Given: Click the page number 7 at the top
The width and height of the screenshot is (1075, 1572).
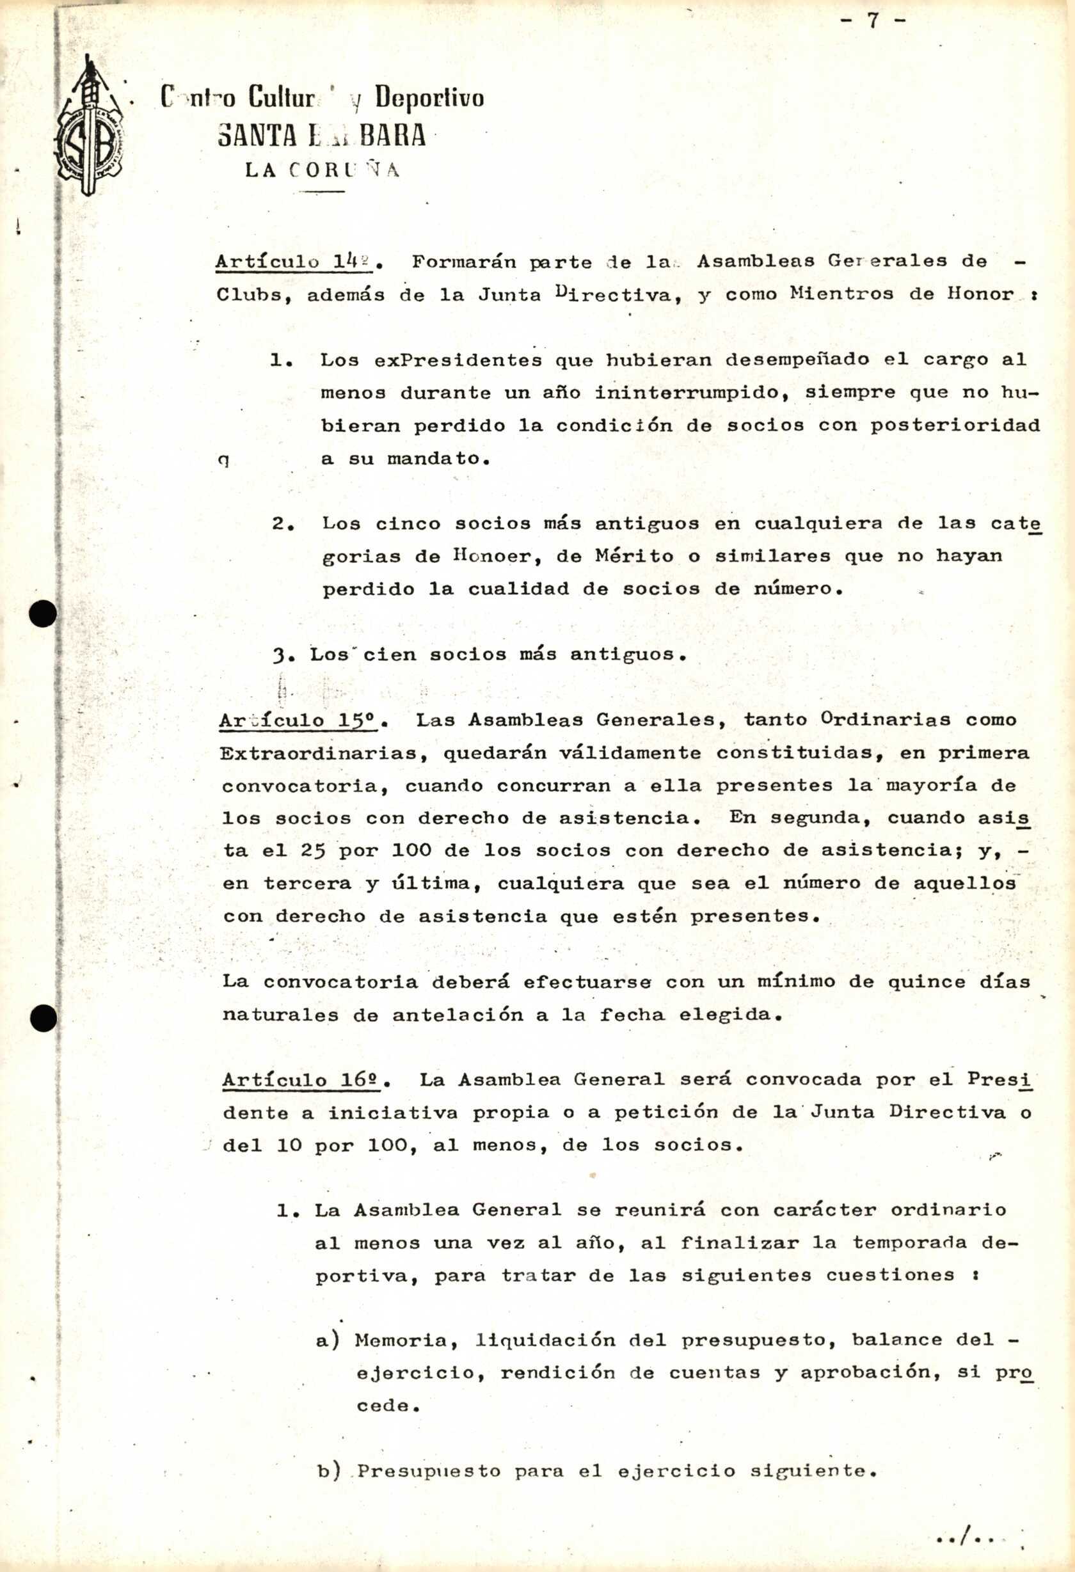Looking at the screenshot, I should [873, 21].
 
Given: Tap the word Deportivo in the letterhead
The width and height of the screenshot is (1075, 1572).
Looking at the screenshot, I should [429, 99].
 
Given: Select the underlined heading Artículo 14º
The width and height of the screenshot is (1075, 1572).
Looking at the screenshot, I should [294, 262].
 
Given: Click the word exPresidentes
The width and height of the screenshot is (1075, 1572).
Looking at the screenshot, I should [458, 361].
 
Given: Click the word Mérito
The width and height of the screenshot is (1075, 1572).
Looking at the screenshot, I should [634, 556].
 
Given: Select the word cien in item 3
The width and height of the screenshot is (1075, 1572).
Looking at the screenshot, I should [390, 655].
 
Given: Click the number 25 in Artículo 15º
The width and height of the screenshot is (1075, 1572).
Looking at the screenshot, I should [314, 851].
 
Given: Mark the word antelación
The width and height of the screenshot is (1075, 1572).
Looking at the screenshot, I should [458, 1015].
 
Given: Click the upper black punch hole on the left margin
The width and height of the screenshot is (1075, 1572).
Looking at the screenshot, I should [43, 614].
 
